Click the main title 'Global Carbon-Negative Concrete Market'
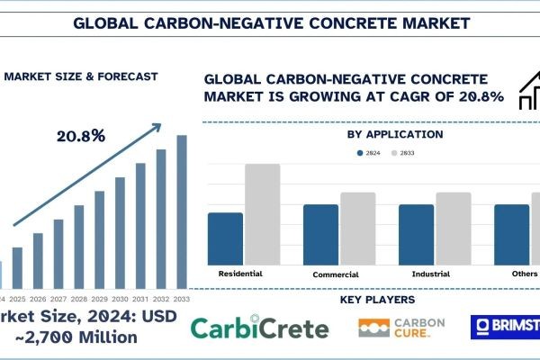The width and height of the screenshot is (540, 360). [269, 19]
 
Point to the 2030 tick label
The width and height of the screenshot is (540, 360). [121, 298]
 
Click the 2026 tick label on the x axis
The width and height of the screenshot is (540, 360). [38, 298]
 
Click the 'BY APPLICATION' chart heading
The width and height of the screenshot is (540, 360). [394, 135]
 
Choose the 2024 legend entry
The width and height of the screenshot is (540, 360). [366, 153]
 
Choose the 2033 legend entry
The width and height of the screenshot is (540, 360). [414, 153]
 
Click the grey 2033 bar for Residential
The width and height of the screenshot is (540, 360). [262, 213]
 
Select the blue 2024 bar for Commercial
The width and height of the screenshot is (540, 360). [320, 234]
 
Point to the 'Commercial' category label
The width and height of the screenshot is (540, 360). [336, 274]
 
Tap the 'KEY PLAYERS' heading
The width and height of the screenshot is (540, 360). [378, 299]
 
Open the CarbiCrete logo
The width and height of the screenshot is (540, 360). [260, 328]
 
